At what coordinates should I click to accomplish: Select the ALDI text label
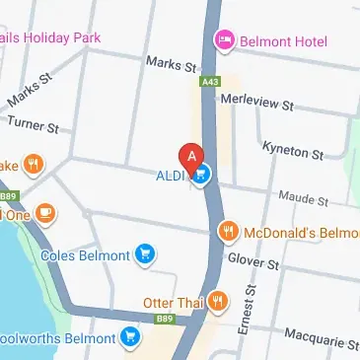coord(174,177)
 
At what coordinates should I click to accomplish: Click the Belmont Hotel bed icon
coord(224,40)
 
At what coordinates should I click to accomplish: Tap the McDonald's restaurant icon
coord(228,232)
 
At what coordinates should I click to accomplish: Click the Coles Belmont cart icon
coord(146,254)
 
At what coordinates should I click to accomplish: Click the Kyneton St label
coord(293,150)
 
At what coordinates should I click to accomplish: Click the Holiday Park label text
coord(53,38)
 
